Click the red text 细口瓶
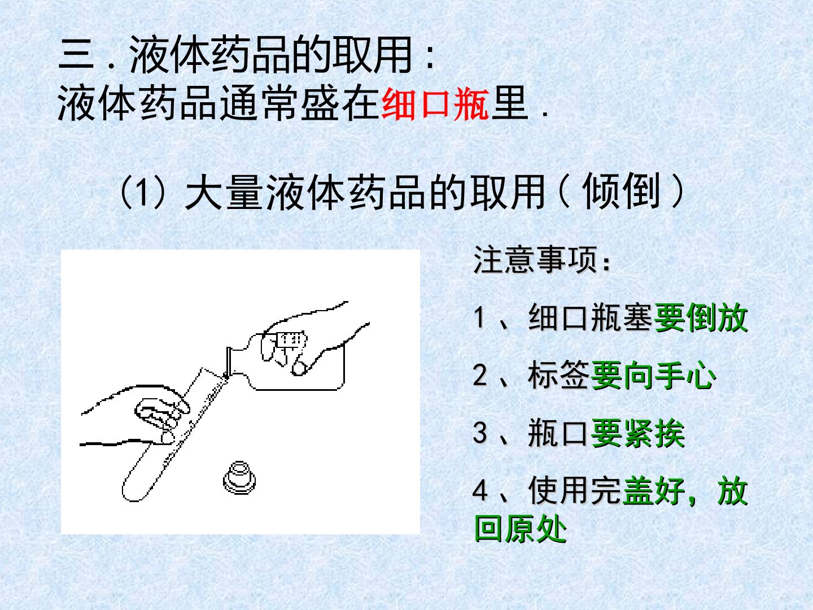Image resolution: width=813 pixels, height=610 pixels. tap(435, 104)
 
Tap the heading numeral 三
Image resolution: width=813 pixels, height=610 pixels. tap(76, 54)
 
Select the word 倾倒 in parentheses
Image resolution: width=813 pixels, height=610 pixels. tap(621, 191)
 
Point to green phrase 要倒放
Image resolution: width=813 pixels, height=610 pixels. tap(701, 318)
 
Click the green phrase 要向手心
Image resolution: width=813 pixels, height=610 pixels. tap(653, 376)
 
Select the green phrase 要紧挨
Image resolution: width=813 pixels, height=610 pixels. tap(637, 433)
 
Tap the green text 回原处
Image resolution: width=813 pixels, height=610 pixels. tap(520, 529)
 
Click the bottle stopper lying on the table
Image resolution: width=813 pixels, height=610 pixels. tap(239, 478)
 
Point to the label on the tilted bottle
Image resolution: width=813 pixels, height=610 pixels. tap(292, 339)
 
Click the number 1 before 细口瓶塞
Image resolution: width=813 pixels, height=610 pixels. tap(479, 318)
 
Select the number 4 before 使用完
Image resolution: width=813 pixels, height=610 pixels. tap(480, 491)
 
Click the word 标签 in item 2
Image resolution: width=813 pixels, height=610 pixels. tap(559, 376)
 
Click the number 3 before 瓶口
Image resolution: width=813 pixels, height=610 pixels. tap(480, 433)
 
